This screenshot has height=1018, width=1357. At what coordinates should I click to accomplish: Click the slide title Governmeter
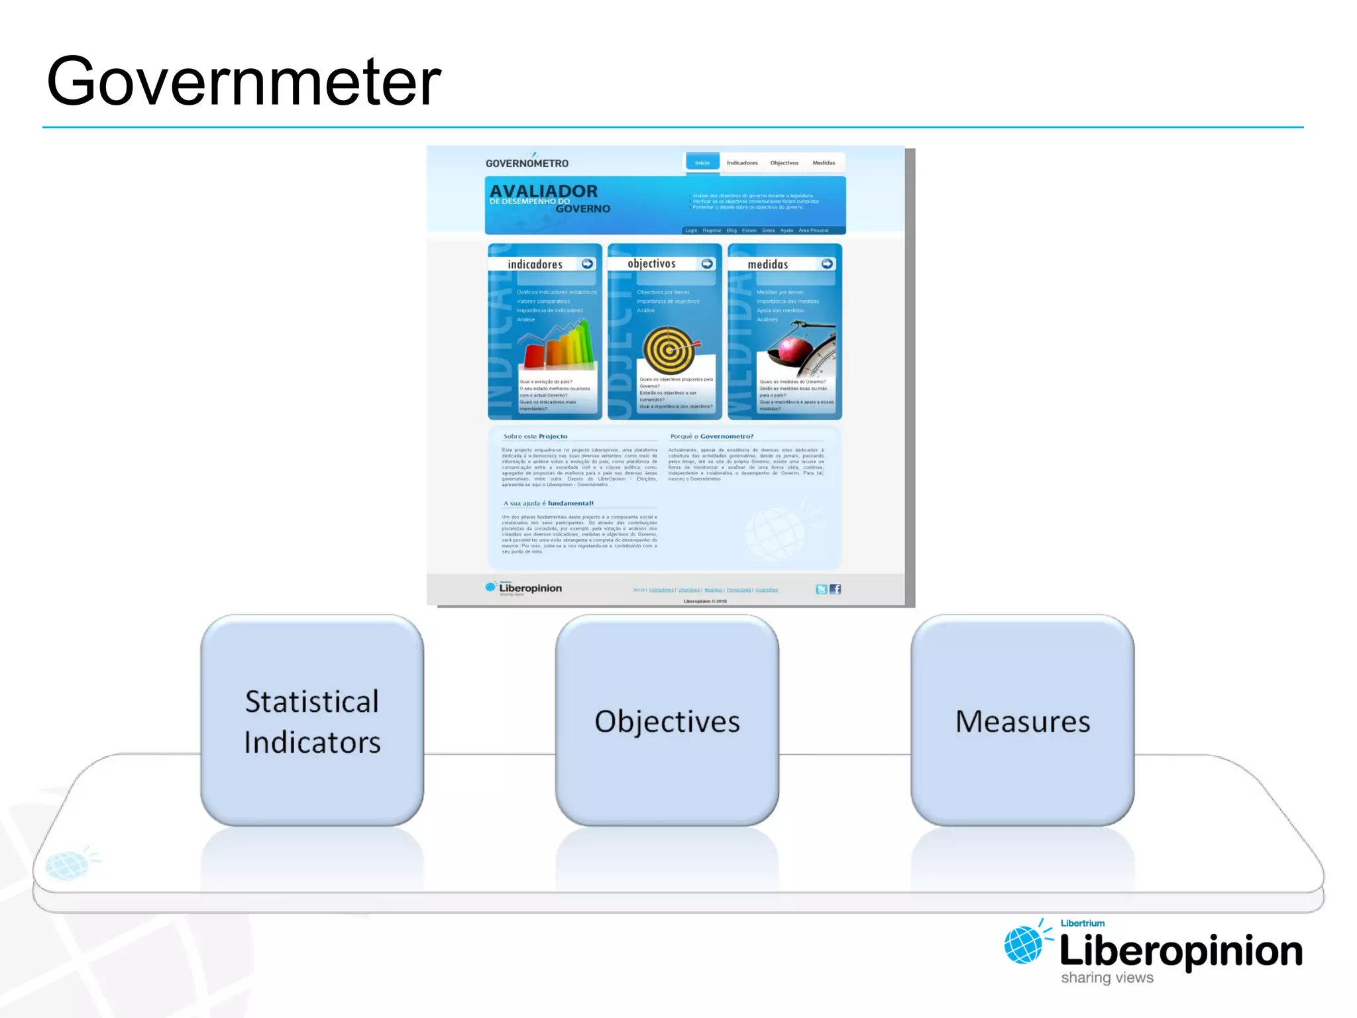coord(243,82)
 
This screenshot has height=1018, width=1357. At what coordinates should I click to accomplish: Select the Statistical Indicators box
coord(312,720)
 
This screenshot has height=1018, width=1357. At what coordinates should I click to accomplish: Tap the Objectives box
coord(667,720)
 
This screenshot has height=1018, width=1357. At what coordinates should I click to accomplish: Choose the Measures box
coord(1022,720)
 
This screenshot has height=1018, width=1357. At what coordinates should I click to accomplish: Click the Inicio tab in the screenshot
coord(702,162)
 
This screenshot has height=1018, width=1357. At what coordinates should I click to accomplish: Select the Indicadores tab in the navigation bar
coord(742,162)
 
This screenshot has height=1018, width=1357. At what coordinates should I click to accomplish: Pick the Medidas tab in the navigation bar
coord(824,162)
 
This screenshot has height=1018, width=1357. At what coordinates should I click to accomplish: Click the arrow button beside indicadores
coord(587,264)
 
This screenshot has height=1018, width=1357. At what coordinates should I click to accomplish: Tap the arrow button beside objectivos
coord(707,264)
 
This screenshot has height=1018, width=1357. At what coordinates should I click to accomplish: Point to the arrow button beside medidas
coord(827,264)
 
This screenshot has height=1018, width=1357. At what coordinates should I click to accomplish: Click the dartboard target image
coord(670,350)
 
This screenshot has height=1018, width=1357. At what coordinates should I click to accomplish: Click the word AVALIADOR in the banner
coord(543,191)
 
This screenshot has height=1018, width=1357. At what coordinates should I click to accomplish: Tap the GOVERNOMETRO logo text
coord(527,163)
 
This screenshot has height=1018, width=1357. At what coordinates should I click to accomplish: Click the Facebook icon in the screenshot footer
coord(836,589)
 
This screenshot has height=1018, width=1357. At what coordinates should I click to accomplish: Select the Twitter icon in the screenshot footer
coord(822,589)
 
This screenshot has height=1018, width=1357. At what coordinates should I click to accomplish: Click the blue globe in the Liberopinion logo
coord(1022,944)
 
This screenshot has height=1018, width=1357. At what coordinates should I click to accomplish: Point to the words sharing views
coord(1107,978)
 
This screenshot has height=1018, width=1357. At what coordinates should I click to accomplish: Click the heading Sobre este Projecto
coord(535,436)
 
